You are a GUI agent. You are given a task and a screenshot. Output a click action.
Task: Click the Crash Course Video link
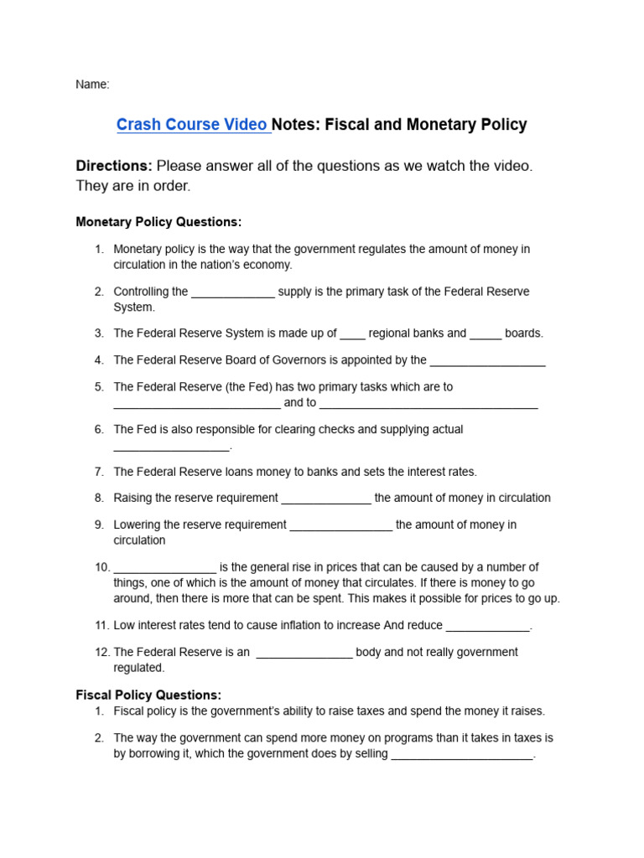[192, 125]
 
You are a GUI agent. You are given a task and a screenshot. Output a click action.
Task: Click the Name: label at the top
[92, 85]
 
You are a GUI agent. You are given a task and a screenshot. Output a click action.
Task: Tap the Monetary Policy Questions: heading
[158, 222]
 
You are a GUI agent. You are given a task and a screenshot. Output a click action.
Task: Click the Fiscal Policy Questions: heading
[148, 695]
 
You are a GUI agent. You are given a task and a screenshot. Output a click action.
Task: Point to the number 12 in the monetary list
[101, 652]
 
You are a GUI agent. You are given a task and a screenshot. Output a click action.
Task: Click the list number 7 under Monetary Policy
[99, 472]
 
